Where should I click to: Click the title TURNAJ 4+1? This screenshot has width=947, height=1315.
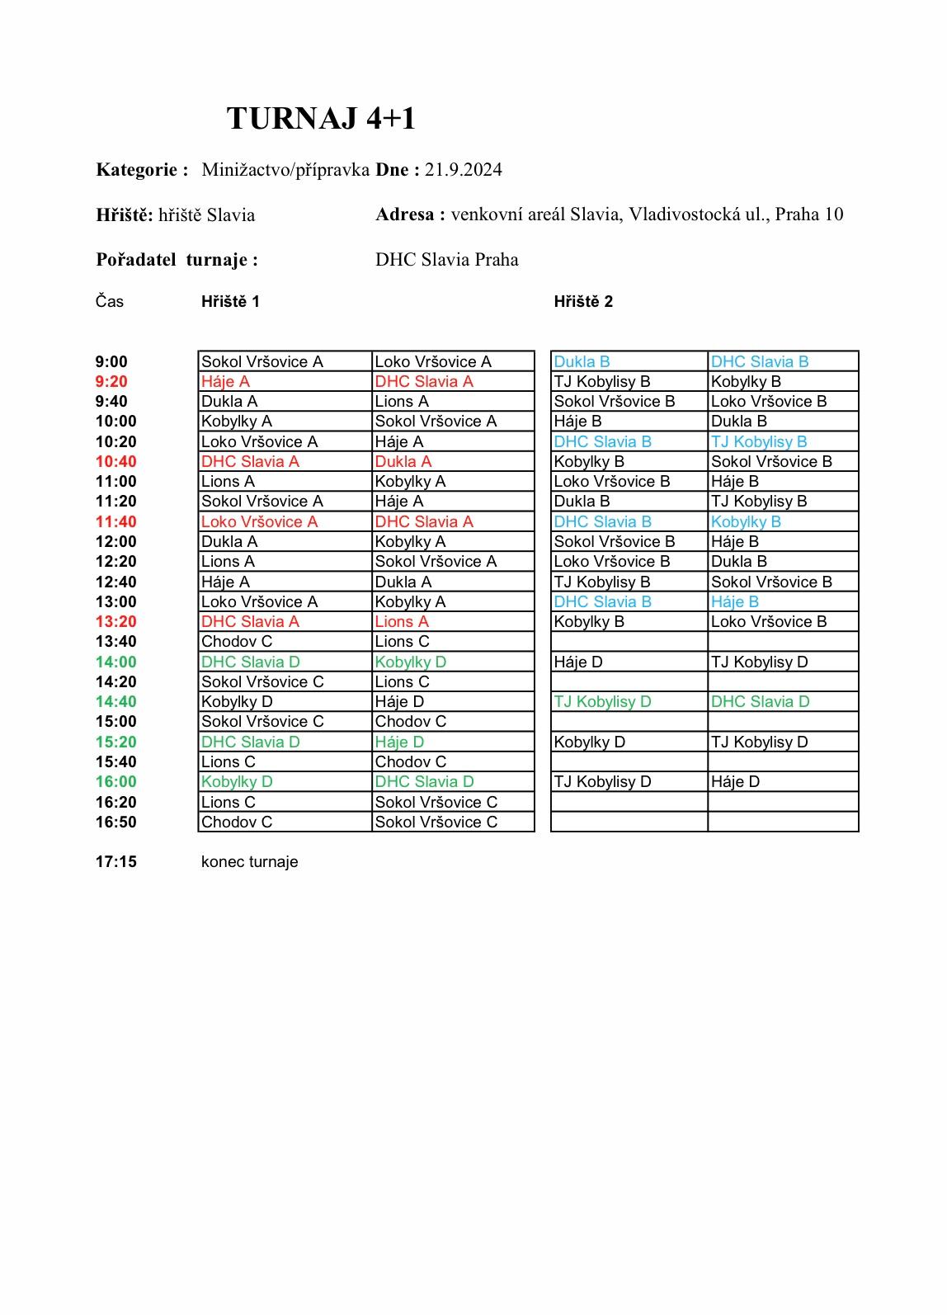tap(321, 119)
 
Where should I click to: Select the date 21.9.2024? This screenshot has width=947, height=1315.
tap(463, 170)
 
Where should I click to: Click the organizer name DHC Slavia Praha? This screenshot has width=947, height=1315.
tap(447, 260)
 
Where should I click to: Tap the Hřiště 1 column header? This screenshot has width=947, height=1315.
tap(230, 302)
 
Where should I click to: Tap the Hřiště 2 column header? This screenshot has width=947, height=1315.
tap(583, 302)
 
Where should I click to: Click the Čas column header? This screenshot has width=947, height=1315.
tap(109, 302)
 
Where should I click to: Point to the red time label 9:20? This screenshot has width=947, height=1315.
tap(111, 382)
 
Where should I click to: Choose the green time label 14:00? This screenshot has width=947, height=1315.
tap(115, 662)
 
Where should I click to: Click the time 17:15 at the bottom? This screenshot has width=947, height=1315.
tap(115, 862)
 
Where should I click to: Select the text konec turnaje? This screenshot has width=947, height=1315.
tap(249, 862)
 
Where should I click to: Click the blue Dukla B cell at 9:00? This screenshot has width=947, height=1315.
tap(582, 362)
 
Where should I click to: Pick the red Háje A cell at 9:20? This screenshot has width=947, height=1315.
tap(225, 382)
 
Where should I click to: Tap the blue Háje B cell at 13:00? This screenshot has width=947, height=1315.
tap(734, 602)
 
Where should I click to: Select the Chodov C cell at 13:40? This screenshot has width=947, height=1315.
tap(237, 642)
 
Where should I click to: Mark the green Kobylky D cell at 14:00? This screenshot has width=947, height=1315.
tap(410, 662)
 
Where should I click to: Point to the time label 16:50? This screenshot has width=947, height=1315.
tap(115, 822)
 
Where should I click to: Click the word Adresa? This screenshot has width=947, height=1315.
tap(404, 214)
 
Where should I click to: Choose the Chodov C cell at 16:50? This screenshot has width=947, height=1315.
tap(237, 822)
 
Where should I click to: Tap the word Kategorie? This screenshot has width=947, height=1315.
tap(137, 170)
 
